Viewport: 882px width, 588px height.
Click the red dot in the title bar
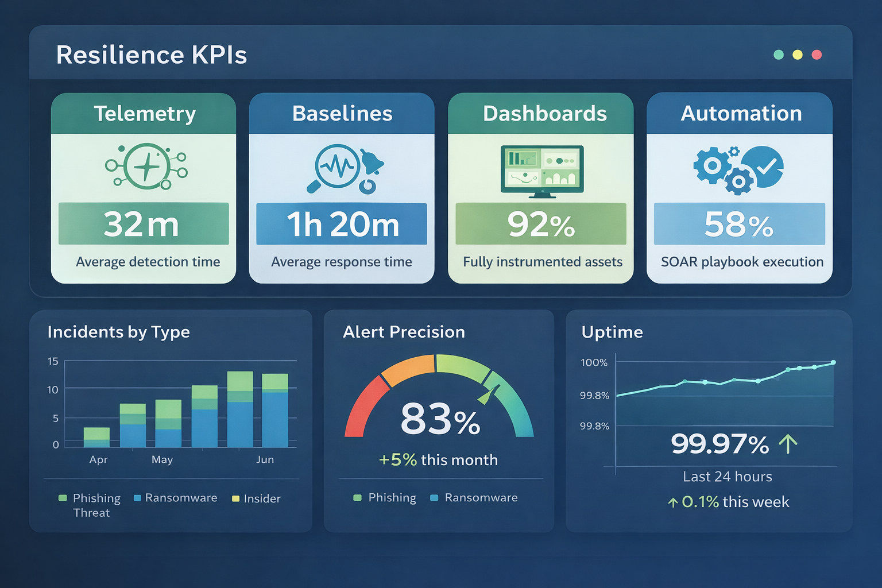817,55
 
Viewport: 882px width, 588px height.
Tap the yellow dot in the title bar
798,55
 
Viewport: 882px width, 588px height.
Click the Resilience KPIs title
152,55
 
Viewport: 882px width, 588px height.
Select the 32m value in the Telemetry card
142,224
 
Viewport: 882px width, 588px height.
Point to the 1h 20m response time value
342,225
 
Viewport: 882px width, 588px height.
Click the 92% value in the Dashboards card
541,225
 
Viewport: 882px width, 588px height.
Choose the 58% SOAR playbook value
739,225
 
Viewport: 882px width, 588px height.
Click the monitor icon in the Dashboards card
542,171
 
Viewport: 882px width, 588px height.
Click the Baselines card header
342,114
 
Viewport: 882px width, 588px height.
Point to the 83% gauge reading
440,419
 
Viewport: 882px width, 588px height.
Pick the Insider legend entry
257,498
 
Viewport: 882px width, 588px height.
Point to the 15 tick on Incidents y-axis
53,361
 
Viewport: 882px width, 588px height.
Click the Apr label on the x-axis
98,459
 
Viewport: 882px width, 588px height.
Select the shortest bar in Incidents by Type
96,437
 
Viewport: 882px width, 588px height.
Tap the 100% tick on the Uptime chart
594,362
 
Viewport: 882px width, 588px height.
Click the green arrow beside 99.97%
788,444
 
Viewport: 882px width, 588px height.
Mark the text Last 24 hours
727,477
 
